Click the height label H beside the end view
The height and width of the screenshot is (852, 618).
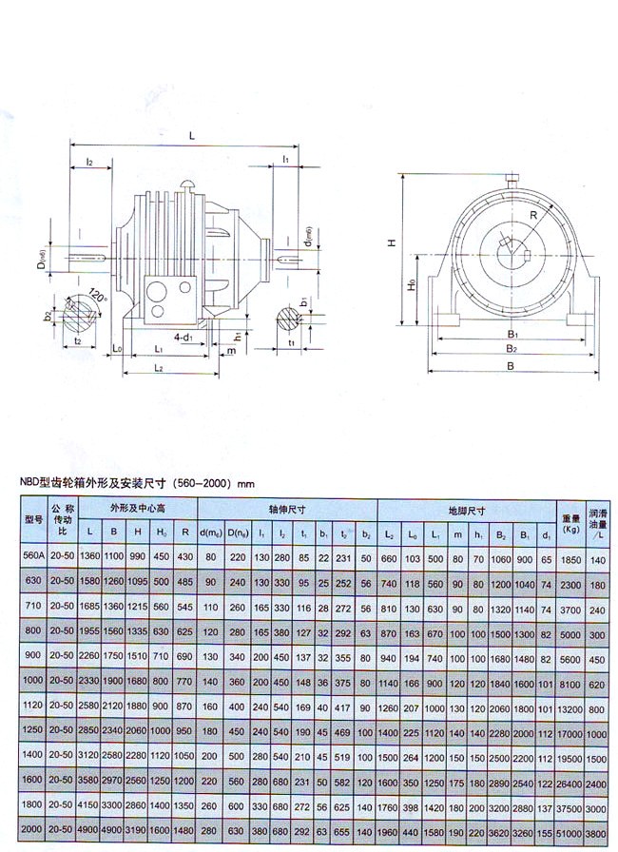(391, 243)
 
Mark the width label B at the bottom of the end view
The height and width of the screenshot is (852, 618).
(512, 365)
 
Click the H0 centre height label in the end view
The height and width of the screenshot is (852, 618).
(410, 285)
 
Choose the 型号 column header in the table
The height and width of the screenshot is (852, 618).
(33, 519)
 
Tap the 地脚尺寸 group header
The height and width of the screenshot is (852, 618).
(466, 510)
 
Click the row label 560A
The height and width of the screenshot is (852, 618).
(33, 557)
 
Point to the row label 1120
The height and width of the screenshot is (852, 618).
(33, 707)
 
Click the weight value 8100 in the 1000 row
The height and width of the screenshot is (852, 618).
(570, 683)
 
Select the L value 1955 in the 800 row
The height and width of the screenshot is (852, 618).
(90, 632)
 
